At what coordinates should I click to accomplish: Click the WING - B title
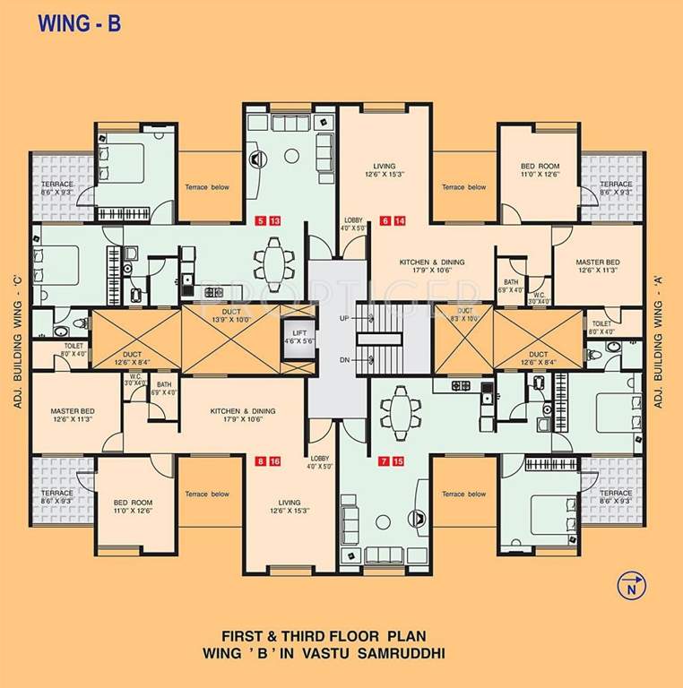(x=79, y=23)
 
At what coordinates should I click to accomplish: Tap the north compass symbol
(x=631, y=586)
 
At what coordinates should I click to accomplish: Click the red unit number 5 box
(x=261, y=220)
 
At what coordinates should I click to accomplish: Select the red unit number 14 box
(x=401, y=220)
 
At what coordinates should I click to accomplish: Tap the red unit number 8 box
(x=261, y=461)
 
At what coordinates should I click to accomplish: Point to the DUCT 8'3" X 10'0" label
(x=464, y=314)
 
